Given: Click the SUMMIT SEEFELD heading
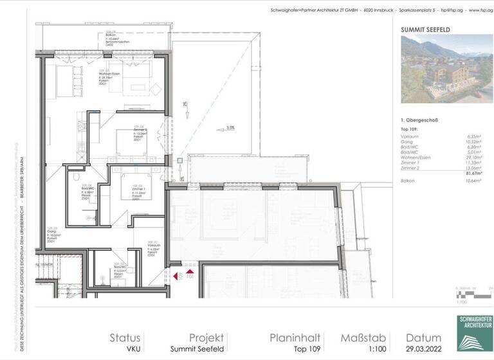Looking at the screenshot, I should [425, 30].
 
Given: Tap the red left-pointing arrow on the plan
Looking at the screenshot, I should [174, 276].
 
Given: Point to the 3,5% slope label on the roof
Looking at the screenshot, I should [230, 128].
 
